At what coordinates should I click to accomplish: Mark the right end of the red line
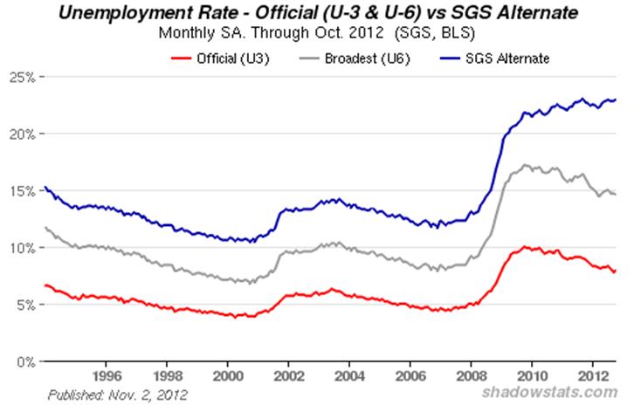(x=616, y=269)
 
